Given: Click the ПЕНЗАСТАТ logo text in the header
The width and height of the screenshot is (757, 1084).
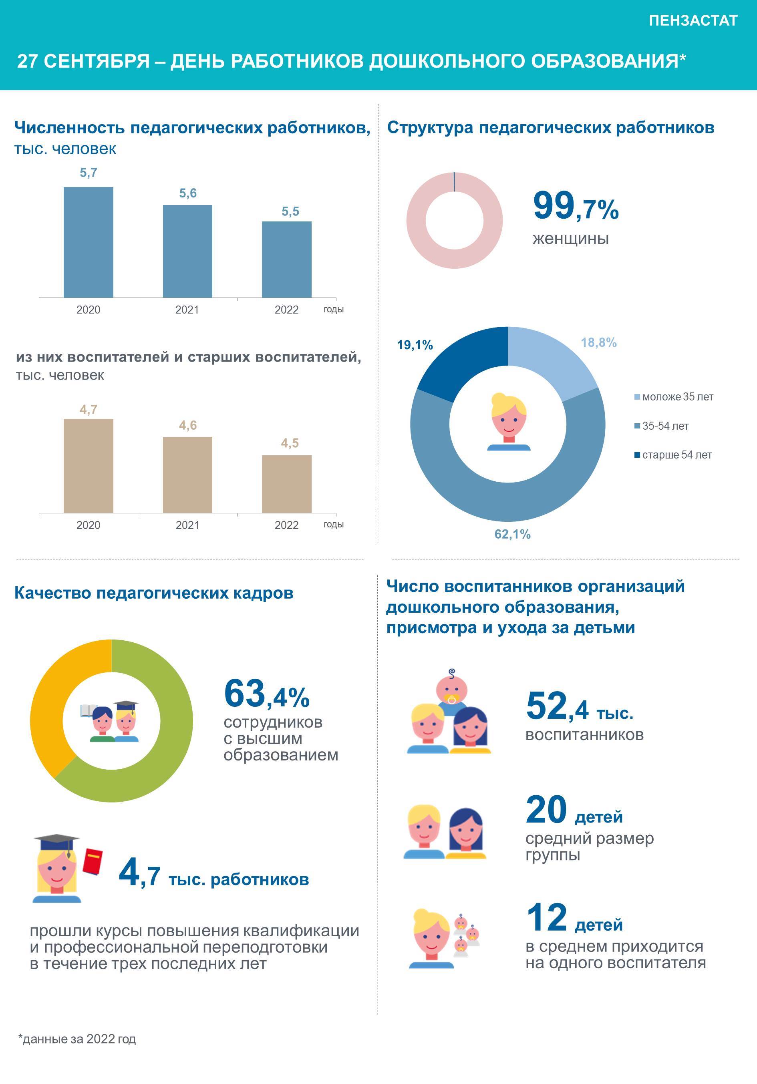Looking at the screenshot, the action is [693, 21].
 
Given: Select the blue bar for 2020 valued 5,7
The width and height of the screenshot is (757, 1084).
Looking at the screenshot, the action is [88, 242].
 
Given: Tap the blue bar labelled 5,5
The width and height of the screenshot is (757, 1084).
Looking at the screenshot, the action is [287, 259].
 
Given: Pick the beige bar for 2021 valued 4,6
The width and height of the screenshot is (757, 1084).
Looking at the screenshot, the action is [187, 475].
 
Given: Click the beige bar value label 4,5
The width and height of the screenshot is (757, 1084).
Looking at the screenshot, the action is [290, 443].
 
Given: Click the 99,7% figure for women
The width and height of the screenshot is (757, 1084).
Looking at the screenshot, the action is [576, 206].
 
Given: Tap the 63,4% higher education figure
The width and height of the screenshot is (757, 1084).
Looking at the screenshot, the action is [266, 694].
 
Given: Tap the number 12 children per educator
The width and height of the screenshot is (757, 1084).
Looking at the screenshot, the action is [546, 917].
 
